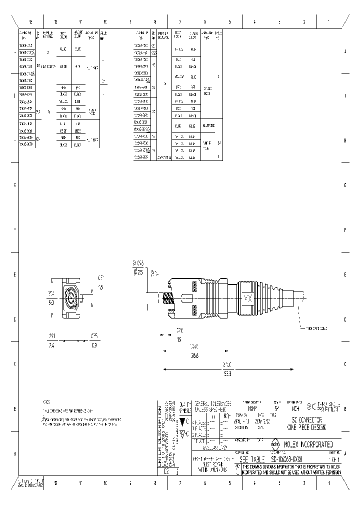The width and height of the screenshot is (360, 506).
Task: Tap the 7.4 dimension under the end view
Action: click(51, 345)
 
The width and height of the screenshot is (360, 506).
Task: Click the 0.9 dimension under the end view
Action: click(94, 345)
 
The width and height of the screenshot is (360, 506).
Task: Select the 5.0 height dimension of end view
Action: click(51, 303)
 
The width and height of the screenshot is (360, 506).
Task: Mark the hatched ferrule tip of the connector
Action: click(168, 299)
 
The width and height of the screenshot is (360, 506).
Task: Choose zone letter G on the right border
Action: click(345, 185)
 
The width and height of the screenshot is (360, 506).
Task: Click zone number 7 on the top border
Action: click(179, 21)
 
